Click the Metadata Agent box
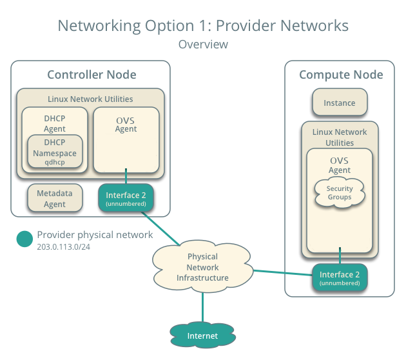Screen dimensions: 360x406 tap(55, 199)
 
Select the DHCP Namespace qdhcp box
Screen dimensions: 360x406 tap(55, 153)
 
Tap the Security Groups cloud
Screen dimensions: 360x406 tap(339, 192)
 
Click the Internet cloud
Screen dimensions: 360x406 tap(202, 335)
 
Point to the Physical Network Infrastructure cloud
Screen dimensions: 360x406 tap(202, 267)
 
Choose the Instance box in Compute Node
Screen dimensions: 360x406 tap(339, 103)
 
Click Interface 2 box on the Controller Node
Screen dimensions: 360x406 tap(126, 199)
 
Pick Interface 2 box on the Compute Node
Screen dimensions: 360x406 tap(340, 277)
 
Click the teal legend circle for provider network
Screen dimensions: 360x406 tap(24, 239)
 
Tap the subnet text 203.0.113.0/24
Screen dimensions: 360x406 tap(64, 247)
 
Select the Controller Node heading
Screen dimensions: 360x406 tap(92, 75)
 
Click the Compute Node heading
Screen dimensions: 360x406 tap(340, 75)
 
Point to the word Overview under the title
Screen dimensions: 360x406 tap(203, 45)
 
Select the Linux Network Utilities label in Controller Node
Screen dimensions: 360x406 tap(90, 99)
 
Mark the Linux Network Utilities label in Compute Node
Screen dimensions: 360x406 tap(340, 137)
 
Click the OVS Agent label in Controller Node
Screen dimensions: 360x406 tap(126, 124)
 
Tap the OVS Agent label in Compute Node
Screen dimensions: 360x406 tap(340, 165)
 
